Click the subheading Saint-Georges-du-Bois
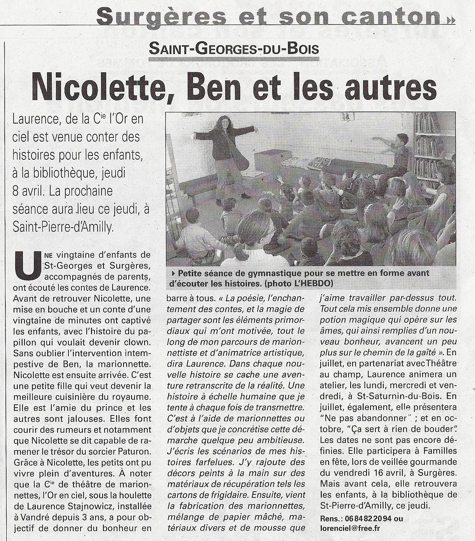coord(234,49)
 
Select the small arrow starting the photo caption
coord(173,273)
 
